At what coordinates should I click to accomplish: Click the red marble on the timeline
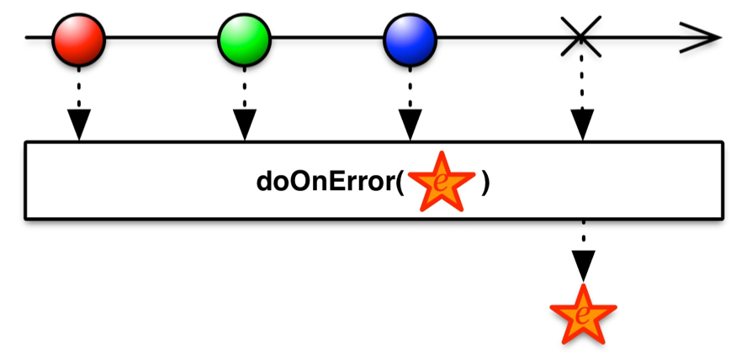tap(78, 39)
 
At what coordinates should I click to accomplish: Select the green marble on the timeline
tap(244, 39)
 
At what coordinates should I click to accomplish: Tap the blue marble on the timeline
tap(410, 39)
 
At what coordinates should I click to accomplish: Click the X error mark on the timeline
tap(581, 37)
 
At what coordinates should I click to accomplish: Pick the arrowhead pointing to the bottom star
tap(583, 266)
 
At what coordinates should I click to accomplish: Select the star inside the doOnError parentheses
tap(442, 182)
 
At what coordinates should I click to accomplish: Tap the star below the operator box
tap(583, 315)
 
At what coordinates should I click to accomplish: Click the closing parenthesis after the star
tap(485, 183)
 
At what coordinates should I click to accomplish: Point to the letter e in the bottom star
tap(582, 316)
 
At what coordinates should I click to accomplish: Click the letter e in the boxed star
tap(441, 183)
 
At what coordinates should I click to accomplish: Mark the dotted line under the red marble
tap(79, 88)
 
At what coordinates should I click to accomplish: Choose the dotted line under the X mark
tap(582, 82)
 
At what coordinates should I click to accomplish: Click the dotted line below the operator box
tap(583, 236)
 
